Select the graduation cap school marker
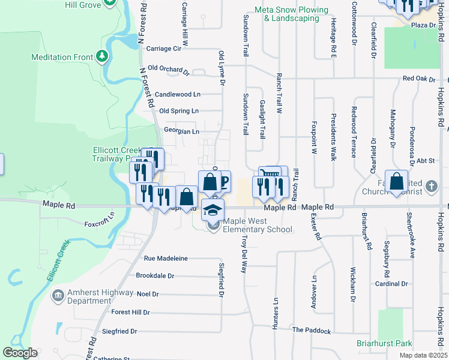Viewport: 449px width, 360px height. coord(212,210)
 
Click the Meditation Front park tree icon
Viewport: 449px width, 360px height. coord(103,57)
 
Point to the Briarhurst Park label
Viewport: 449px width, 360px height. coord(384,343)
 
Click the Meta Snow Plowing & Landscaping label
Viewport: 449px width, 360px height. coord(292,14)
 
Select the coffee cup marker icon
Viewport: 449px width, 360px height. coord(223,181)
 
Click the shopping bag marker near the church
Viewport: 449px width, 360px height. coord(396,181)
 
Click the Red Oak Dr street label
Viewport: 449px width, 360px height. coord(418,79)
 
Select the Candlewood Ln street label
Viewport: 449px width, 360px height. coord(177,94)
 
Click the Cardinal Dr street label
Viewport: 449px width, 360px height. coord(391,284)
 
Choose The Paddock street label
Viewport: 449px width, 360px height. coord(311,331)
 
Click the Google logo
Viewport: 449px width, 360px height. coord(20,353)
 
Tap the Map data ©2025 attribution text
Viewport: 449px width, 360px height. coord(423,355)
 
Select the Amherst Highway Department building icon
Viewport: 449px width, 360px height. coord(58,296)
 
